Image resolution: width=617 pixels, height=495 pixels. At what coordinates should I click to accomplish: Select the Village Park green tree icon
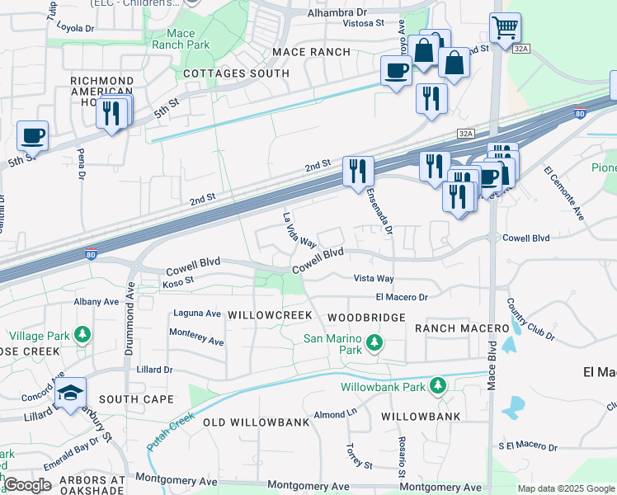82,335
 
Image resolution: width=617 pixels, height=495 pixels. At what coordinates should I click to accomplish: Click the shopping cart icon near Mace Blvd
504,27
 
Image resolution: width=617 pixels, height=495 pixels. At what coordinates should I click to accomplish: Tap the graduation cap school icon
71,394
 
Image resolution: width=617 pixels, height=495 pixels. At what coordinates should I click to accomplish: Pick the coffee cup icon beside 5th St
32,136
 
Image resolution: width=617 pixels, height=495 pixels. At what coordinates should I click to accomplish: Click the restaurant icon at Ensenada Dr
358,172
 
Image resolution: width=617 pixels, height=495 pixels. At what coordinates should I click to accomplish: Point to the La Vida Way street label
299,231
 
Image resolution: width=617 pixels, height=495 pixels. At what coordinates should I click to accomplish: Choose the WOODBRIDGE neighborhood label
366,318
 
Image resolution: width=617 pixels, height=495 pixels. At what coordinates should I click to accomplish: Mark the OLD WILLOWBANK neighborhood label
256,422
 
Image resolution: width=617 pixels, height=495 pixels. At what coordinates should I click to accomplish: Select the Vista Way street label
374,280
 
